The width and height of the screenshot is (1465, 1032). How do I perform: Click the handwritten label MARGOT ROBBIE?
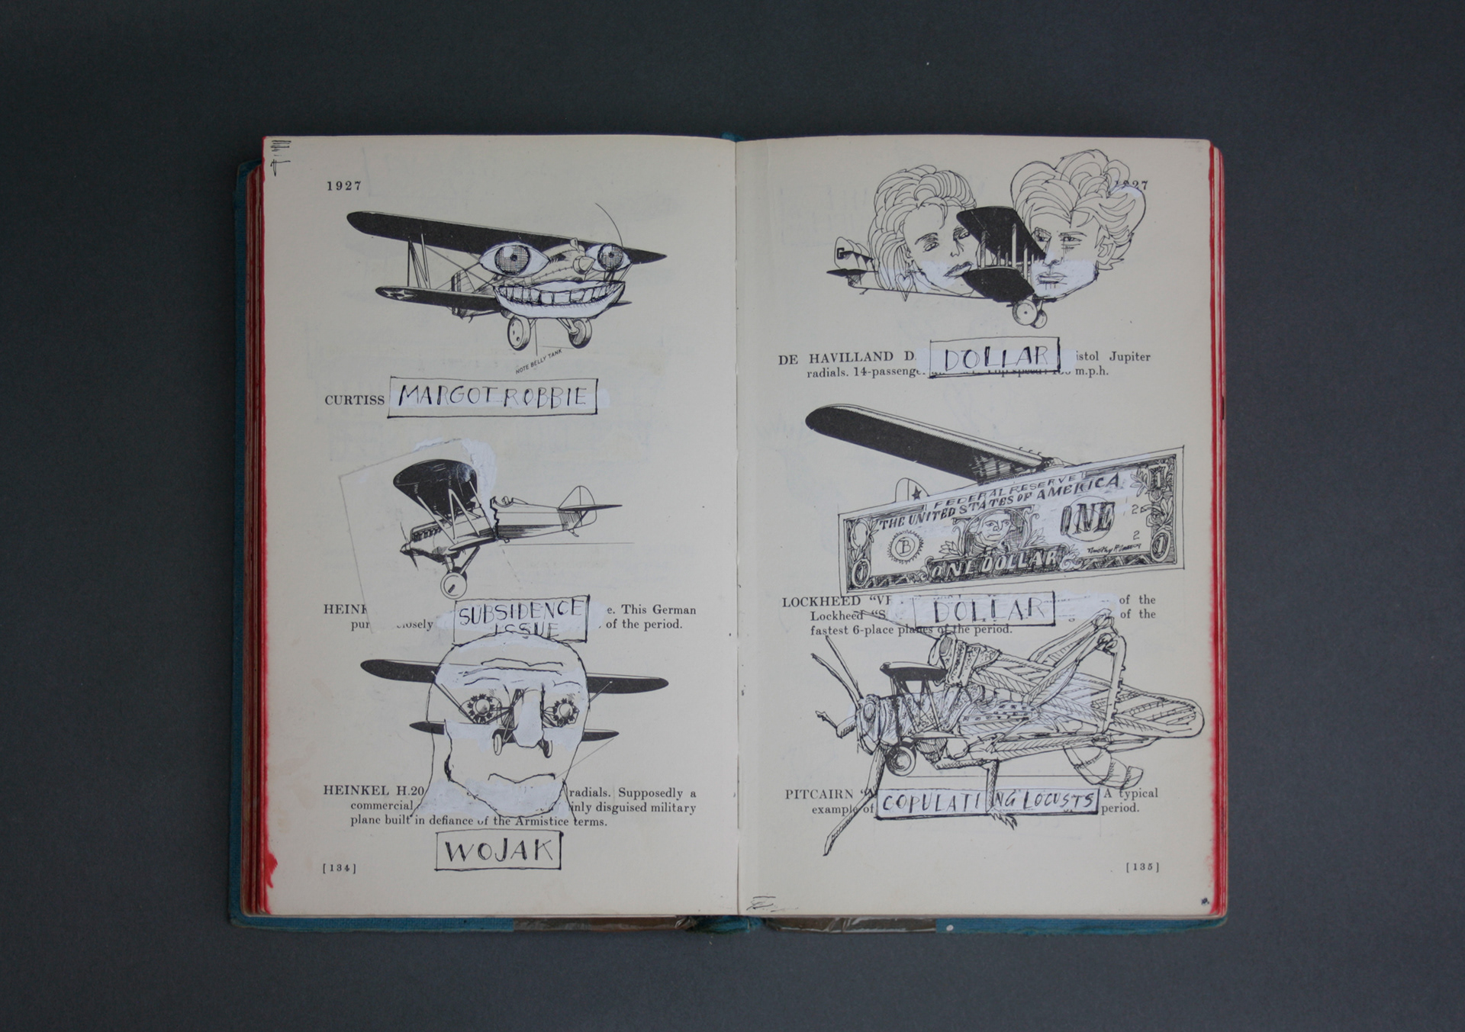click(492, 397)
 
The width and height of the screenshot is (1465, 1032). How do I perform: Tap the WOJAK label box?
click(498, 850)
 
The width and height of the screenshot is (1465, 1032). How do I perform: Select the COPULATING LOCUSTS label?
click(987, 802)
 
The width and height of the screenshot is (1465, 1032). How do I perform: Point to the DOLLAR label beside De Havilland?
click(994, 357)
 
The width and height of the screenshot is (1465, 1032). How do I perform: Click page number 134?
click(340, 867)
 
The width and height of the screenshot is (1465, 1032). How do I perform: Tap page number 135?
click(1142, 866)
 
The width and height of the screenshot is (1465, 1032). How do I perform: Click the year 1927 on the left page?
click(344, 185)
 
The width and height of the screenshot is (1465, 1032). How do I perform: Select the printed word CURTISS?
click(354, 400)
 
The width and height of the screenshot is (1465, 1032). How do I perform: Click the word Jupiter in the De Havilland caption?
click(1129, 356)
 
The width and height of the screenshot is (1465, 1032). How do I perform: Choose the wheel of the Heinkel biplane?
click(453, 585)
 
